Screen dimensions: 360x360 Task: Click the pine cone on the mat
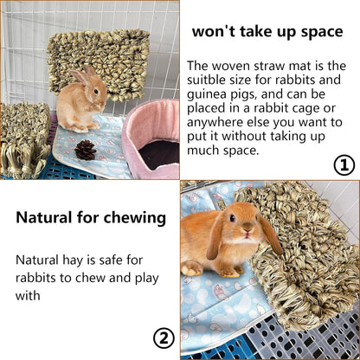point(86,149)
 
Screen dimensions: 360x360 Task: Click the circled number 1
point(344,164)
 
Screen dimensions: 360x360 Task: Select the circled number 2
point(164,337)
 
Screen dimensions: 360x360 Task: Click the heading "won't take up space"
point(268,32)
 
